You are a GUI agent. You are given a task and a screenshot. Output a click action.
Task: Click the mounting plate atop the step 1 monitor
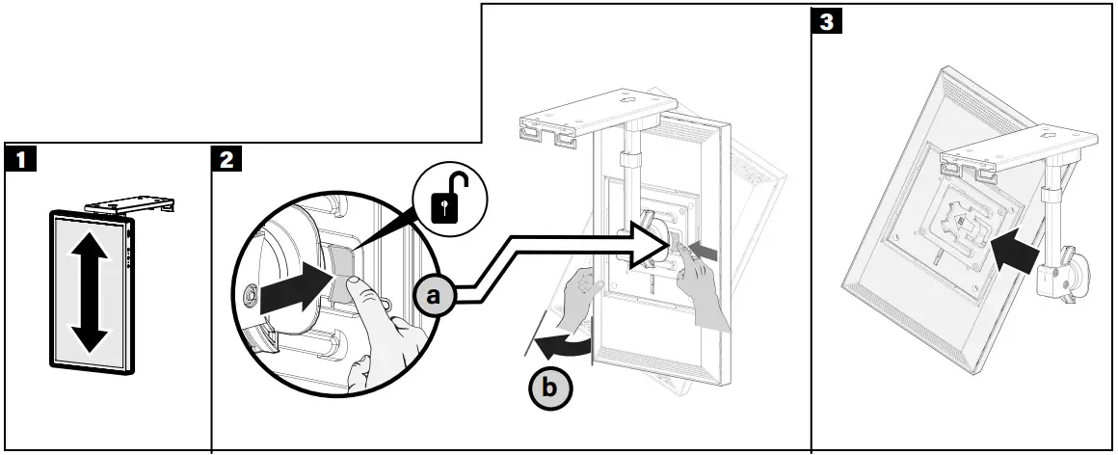129,204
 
